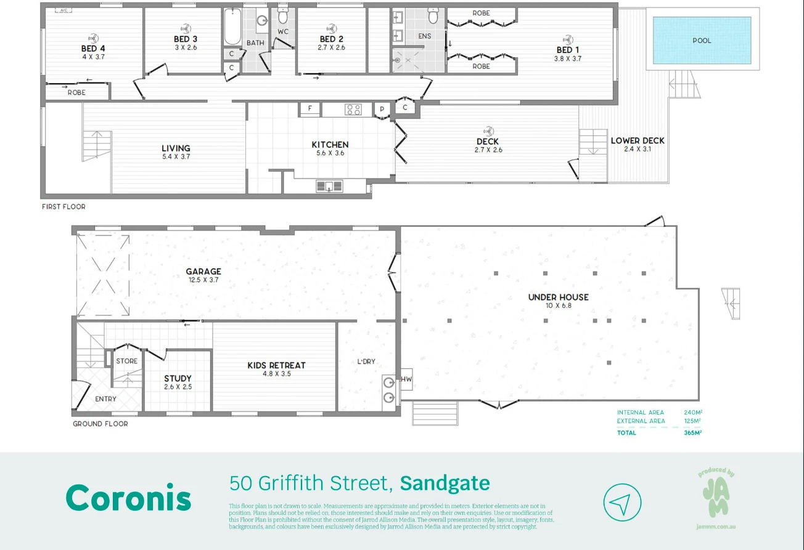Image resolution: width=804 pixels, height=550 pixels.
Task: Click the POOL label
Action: [702, 41]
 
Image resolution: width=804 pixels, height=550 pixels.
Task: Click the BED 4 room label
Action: [93, 49]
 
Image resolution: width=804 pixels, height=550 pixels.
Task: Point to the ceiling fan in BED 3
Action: [185, 28]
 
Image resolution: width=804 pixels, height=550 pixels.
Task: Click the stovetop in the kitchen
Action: [353, 110]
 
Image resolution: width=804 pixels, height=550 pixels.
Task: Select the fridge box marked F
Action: [310, 110]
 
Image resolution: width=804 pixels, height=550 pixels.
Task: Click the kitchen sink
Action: [329, 185]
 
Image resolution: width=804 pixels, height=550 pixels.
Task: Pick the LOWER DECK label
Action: [637, 140]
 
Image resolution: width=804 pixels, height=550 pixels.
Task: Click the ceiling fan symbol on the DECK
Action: [489, 131]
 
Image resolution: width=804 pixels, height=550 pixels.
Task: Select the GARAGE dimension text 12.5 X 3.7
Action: [203, 280]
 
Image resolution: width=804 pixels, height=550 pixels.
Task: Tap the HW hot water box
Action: [406, 379]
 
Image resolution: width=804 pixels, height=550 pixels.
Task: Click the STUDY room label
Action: [178, 378]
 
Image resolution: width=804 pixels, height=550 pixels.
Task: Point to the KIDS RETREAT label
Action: [276, 365]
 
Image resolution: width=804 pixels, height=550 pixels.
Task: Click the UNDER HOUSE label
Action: [558, 297]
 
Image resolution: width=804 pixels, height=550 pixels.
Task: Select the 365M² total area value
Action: [693, 433]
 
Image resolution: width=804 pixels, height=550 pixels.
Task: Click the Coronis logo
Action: [128, 498]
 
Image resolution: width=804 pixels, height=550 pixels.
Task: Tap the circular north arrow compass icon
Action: [622, 503]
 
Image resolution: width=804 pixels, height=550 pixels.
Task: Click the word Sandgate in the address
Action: [445, 483]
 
